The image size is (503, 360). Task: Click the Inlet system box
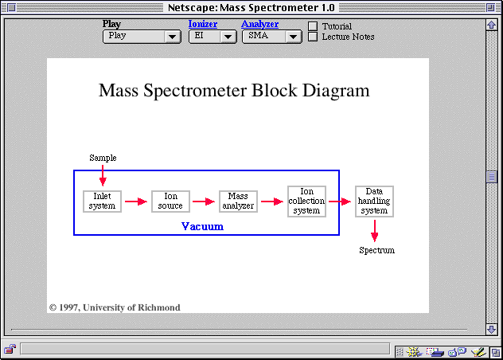[102, 201]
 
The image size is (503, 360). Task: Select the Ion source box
[170, 201]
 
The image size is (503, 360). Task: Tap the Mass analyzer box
[238, 201]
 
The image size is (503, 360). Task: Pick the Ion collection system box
[306, 201]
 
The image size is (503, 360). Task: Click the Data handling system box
[374, 201]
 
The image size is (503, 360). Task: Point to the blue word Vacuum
[202, 226]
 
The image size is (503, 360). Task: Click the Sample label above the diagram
[103, 158]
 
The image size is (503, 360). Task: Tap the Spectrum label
[376, 250]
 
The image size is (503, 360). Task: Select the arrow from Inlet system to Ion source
[136, 202]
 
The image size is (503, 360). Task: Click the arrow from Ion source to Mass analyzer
[204, 202]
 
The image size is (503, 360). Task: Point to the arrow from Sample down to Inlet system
[103, 176]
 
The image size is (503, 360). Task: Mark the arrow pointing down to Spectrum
[374, 231]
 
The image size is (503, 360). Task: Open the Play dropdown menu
[142, 37]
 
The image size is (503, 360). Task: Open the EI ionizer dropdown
[213, 37]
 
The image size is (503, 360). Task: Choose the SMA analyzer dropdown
[271, 37]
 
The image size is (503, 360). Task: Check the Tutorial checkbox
[313, 26]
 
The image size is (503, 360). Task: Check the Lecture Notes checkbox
[313, 37]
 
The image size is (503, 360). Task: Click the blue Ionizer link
[203, 24]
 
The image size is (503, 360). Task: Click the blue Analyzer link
[259, 24]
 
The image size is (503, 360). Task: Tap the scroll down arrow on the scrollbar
[491, 329]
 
